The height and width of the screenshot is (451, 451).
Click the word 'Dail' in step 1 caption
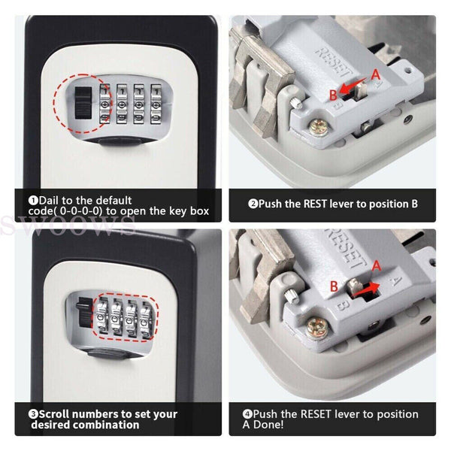(52, 201)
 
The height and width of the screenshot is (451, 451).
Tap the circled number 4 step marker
(247, 414)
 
